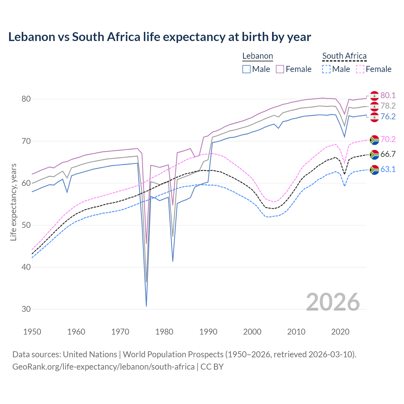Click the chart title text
point(159,37)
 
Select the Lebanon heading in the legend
point(258,56)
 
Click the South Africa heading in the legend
point(344,56)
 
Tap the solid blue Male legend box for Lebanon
point(247,69)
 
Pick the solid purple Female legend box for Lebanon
point(280,69)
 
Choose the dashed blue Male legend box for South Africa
point(326,69)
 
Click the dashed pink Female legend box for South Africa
point(360,69)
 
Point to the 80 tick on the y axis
point(26,99)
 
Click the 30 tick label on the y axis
point(26,309)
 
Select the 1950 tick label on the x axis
point(32,332)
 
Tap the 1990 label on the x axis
point(208,332)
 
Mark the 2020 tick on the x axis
point(340,332)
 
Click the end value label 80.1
point(388,95)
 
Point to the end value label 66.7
point(388,154)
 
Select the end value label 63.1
point(388,169)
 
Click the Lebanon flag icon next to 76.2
point(374,117)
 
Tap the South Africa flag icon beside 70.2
point(374,140)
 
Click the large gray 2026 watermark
point(333,302)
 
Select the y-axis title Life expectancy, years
point(13,202)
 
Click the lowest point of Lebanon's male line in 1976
point(146,306)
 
